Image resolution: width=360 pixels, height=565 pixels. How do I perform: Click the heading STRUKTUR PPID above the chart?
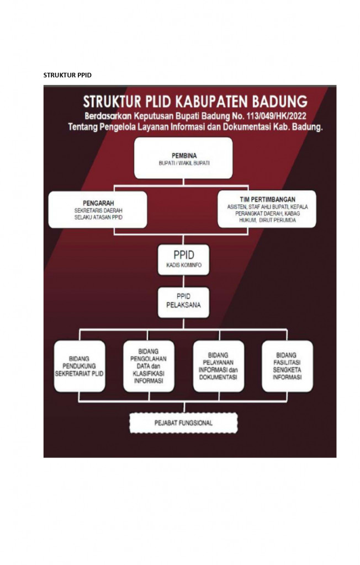click(x=67, y=75)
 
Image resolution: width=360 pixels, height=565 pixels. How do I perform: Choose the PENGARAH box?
click(x=98, y=209)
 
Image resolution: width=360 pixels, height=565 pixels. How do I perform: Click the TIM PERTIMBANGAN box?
click(x=267, y=209)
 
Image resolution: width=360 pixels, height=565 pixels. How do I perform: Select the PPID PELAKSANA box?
click(x=176, y=302)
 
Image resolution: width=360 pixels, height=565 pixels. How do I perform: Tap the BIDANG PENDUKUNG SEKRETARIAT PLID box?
click(x=80, y=366)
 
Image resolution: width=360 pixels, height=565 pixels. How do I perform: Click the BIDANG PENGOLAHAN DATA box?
click(x=148, y=366)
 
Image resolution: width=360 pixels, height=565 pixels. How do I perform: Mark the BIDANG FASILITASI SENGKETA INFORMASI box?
click(x=287, y=366)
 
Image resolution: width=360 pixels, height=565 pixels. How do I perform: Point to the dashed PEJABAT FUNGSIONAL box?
click(x=183, y=423)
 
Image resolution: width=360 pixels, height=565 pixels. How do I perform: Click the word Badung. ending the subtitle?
click(x=308, y=126)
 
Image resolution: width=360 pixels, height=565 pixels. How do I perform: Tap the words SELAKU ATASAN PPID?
click(x=98, y=217)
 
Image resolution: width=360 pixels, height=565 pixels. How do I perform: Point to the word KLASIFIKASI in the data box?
click(x=148, y=373)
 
